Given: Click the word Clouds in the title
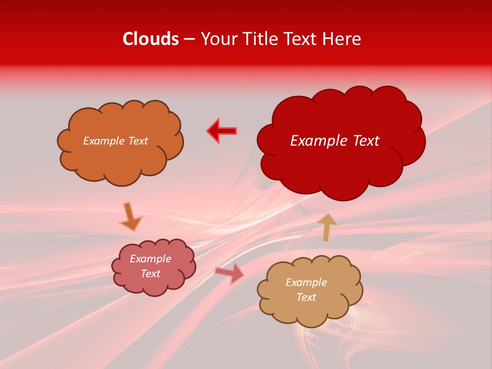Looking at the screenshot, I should [151, 39].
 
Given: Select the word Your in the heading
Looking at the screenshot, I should [220, 39].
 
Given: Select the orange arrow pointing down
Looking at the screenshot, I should [130, 216].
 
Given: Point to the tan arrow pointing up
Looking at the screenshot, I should [327, 227].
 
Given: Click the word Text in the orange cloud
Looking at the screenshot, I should [137, 141].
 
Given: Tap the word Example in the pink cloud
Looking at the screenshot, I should [150, 259].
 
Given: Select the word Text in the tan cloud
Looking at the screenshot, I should [306, 297].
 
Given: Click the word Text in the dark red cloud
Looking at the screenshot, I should [365, 141].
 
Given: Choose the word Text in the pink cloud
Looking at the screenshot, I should [150, 274].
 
